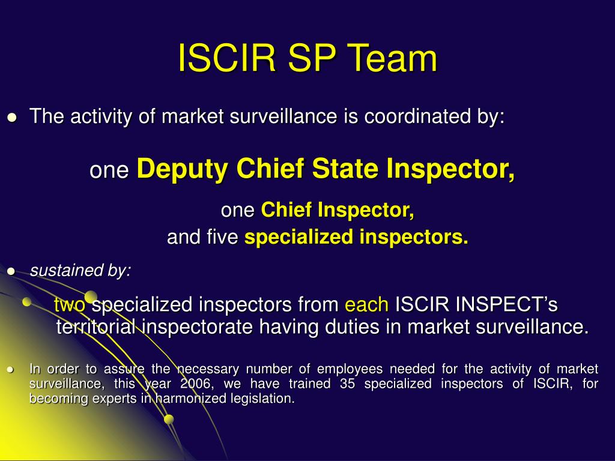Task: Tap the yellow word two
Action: pyautogui.click(x=70, y=305)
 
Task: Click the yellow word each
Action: pyautogui.click(x=366, y=305)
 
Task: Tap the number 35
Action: pyautogui.click(x=347, y=384)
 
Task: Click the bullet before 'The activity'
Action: pyautogui.click(x=11, y=117)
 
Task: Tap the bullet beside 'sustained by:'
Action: pyautogui.click(x=11, y=271)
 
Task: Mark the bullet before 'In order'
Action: pyautogui.click(x=11, y=370)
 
